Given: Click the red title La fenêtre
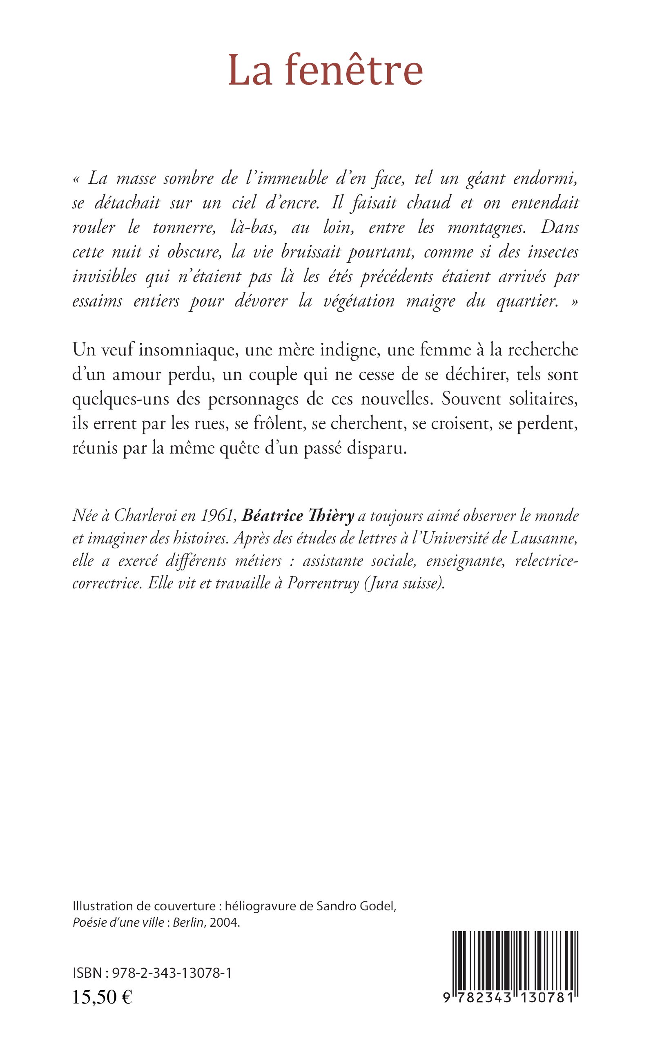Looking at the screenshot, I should (x=325, y=70).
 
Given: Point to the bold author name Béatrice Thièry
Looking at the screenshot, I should (x=298, y=516).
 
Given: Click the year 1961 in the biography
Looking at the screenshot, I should (x=220, y=516).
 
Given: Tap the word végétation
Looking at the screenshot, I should (x=358, y=302).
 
